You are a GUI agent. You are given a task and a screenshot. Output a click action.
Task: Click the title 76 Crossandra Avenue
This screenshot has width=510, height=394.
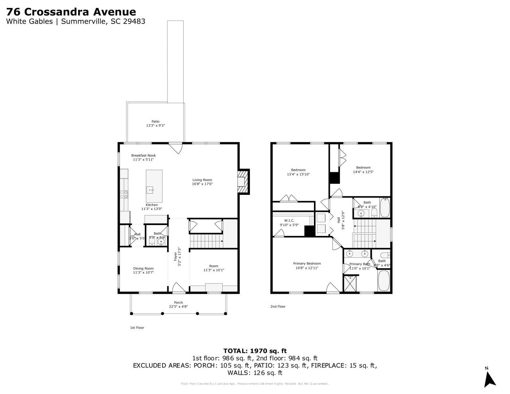pyautogui.click(x=71, y=12)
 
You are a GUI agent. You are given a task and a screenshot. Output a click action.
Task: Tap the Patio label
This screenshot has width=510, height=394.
pyautogui.click(x=155, y=122)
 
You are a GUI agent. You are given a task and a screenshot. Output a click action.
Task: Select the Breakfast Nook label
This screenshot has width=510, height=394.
pyautogui.click(x=143, y=155)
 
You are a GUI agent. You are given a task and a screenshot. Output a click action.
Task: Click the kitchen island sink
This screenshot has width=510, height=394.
pyautogui.click(x=150, y=190)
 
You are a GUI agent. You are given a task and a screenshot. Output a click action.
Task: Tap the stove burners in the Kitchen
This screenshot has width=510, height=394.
pyautogui.click(x=124, y=194)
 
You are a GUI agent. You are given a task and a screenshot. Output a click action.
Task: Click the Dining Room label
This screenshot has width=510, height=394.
pyautogui.click(x=143, y=268)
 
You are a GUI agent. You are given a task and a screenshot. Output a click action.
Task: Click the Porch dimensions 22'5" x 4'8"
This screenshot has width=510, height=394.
pyautogui.click(x=178, y=307)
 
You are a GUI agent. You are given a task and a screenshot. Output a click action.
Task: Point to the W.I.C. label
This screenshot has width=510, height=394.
pyautogui.click(x=289, y=220)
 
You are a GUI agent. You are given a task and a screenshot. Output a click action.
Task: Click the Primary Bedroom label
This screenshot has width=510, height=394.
pyautogui.click(x=307, y=263)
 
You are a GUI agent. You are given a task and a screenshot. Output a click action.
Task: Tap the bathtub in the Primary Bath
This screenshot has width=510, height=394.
pyautogui.click(x=384, y=281)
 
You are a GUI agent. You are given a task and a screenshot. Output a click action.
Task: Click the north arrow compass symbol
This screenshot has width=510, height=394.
pyautogui.click(x=490, y=378)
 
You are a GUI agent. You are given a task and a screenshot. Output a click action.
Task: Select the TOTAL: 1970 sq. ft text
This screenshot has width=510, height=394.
pyautogui.click(x=255, y=351)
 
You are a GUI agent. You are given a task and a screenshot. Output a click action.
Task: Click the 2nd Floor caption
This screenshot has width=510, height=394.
pyautogui.click(x=278, y=306)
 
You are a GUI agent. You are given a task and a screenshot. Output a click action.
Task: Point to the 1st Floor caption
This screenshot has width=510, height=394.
pyautogui.click(x=137, y=327)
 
